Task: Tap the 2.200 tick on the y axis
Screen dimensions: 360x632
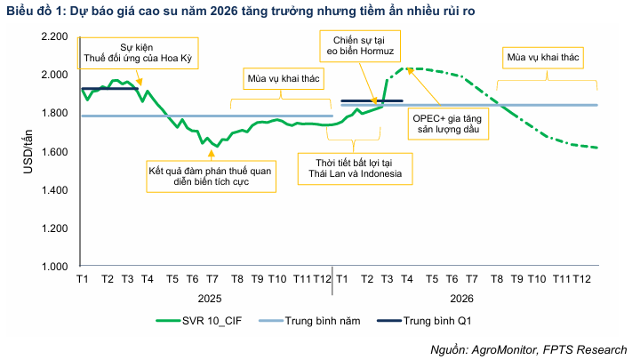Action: click(x=54, y=36)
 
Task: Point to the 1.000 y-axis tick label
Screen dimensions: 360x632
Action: click(x=54, y=267)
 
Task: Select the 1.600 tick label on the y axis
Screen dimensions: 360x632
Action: click(x=54, y=151)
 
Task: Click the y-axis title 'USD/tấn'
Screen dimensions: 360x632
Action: click(x=28, y=151)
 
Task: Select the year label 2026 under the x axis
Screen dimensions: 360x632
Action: click(x=461, y=299)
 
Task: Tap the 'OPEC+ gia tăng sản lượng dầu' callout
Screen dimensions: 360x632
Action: click(x=444, y=123)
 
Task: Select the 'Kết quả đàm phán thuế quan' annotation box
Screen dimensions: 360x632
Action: click(x=212, y=174)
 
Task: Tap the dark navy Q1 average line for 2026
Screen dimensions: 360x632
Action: click(x=372, y=101)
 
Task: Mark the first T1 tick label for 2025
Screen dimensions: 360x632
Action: click(x=82, y=279)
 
